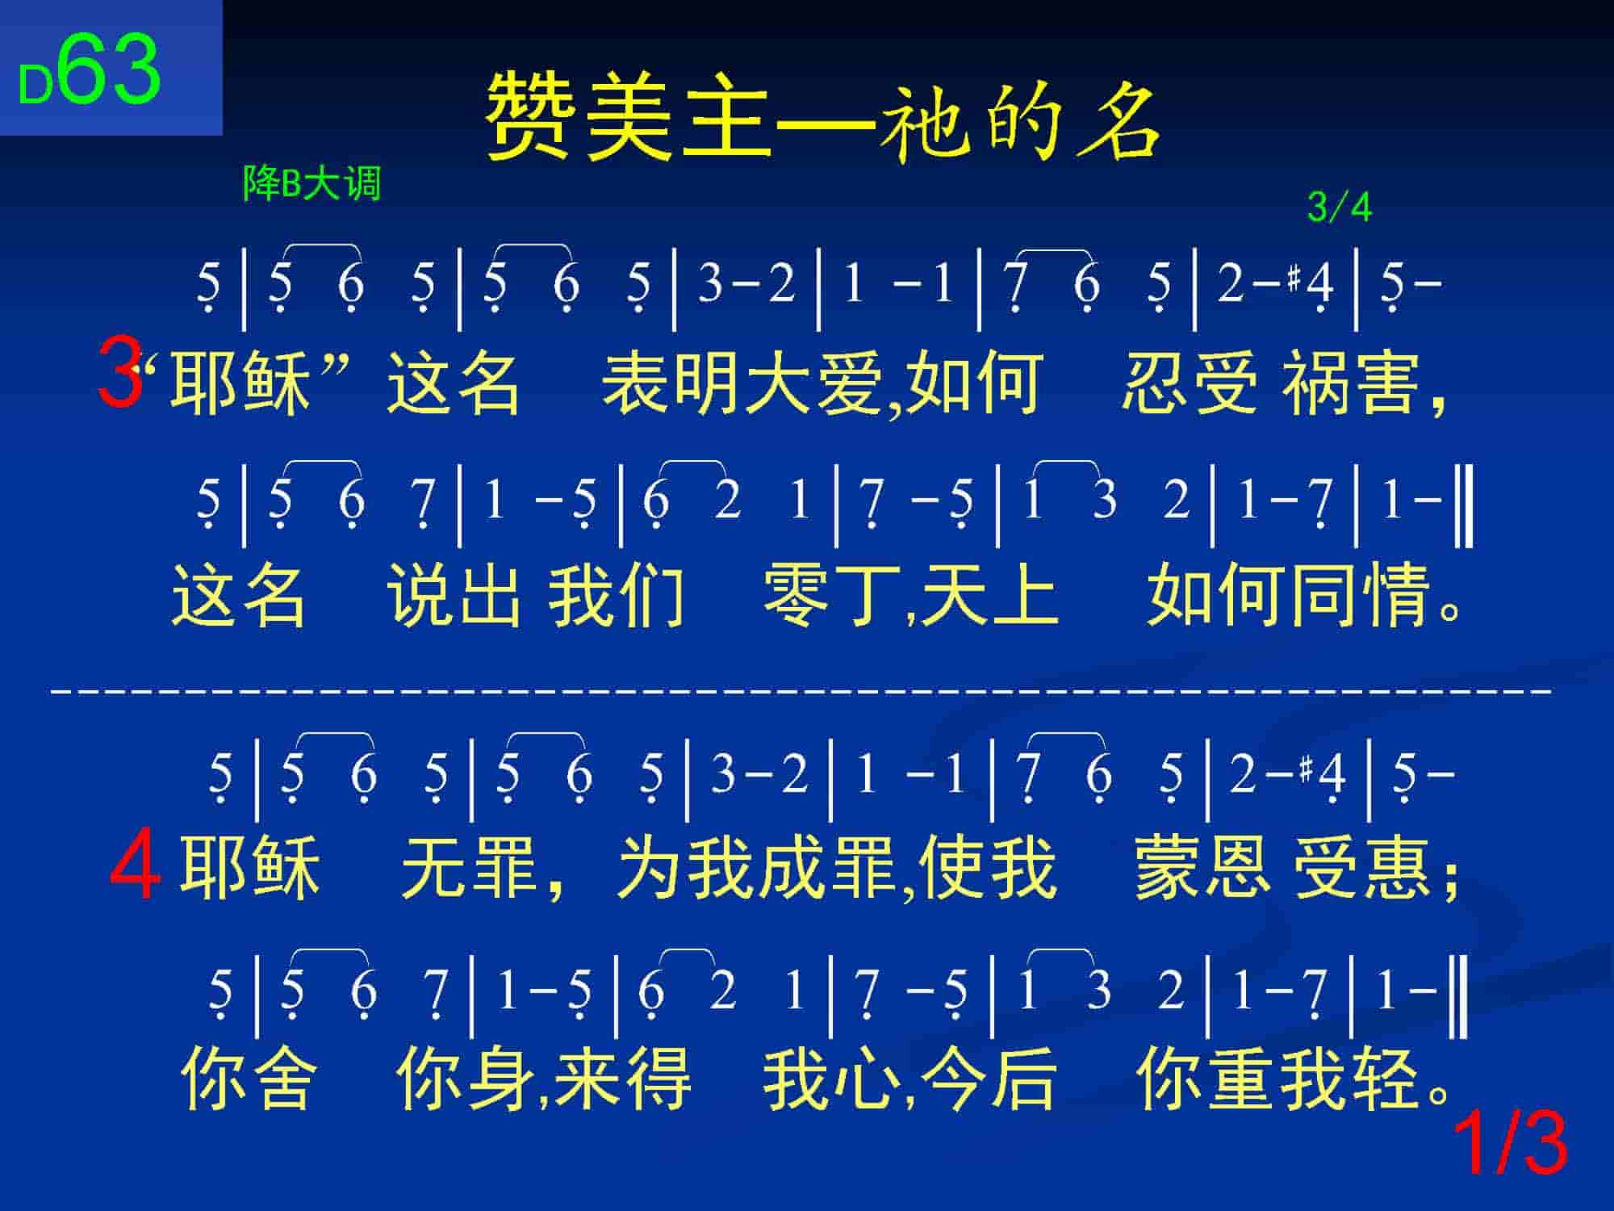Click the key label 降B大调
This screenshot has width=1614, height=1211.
click(312, 184)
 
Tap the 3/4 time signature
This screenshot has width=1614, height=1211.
click(1340, 207)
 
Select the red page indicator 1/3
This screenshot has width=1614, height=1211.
click(1510, 1143)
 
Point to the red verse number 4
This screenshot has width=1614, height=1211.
click(136, 868)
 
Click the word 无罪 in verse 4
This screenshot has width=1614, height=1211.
click(470, 868)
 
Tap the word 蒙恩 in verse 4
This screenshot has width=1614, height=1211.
click(1203, 868)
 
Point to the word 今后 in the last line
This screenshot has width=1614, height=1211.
click(988, 1079)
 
